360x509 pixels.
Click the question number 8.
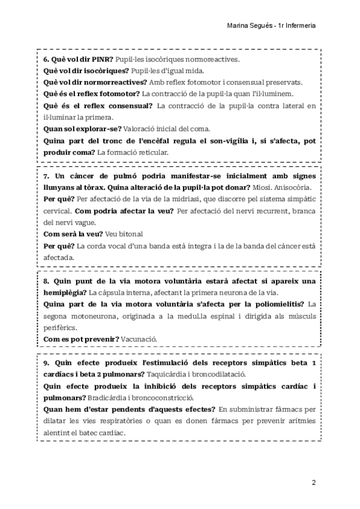46,281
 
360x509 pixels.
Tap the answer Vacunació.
139,339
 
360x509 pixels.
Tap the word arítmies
302,421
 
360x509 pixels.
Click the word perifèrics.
61,328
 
